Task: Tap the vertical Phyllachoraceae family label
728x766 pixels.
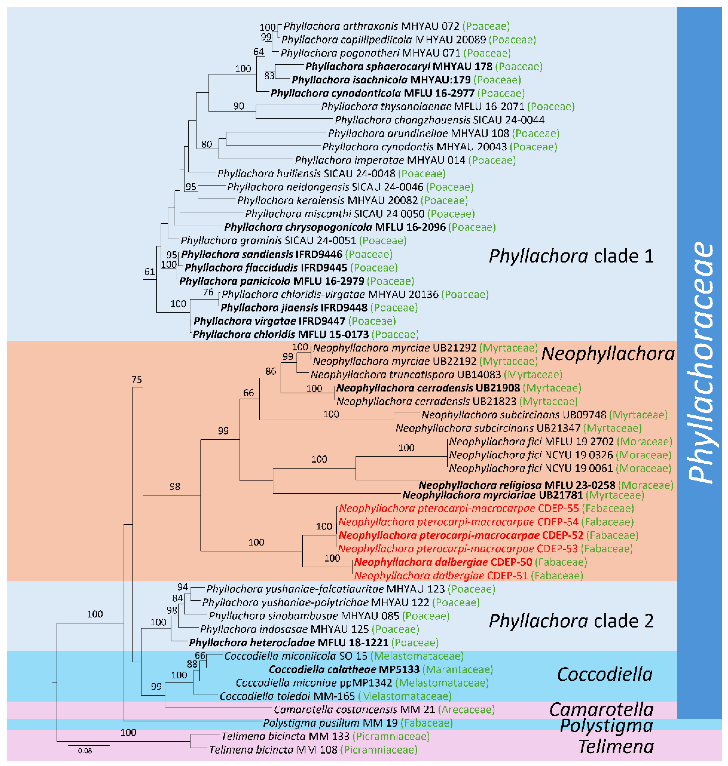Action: click(x=700, y=363)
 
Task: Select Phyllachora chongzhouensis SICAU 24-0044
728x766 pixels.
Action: click(x=439, y=120)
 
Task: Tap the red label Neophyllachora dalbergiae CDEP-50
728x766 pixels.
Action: click(x=443, y=562)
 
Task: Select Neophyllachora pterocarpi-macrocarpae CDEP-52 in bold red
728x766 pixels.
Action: click(x=461, y=535)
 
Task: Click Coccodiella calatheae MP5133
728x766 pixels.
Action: click(x=344, y=669)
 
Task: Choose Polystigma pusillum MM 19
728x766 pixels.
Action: click(x=330, y=723)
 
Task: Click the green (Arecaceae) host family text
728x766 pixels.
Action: click(x=466, y=709)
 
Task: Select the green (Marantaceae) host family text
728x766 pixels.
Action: click(x=458, y=669)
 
